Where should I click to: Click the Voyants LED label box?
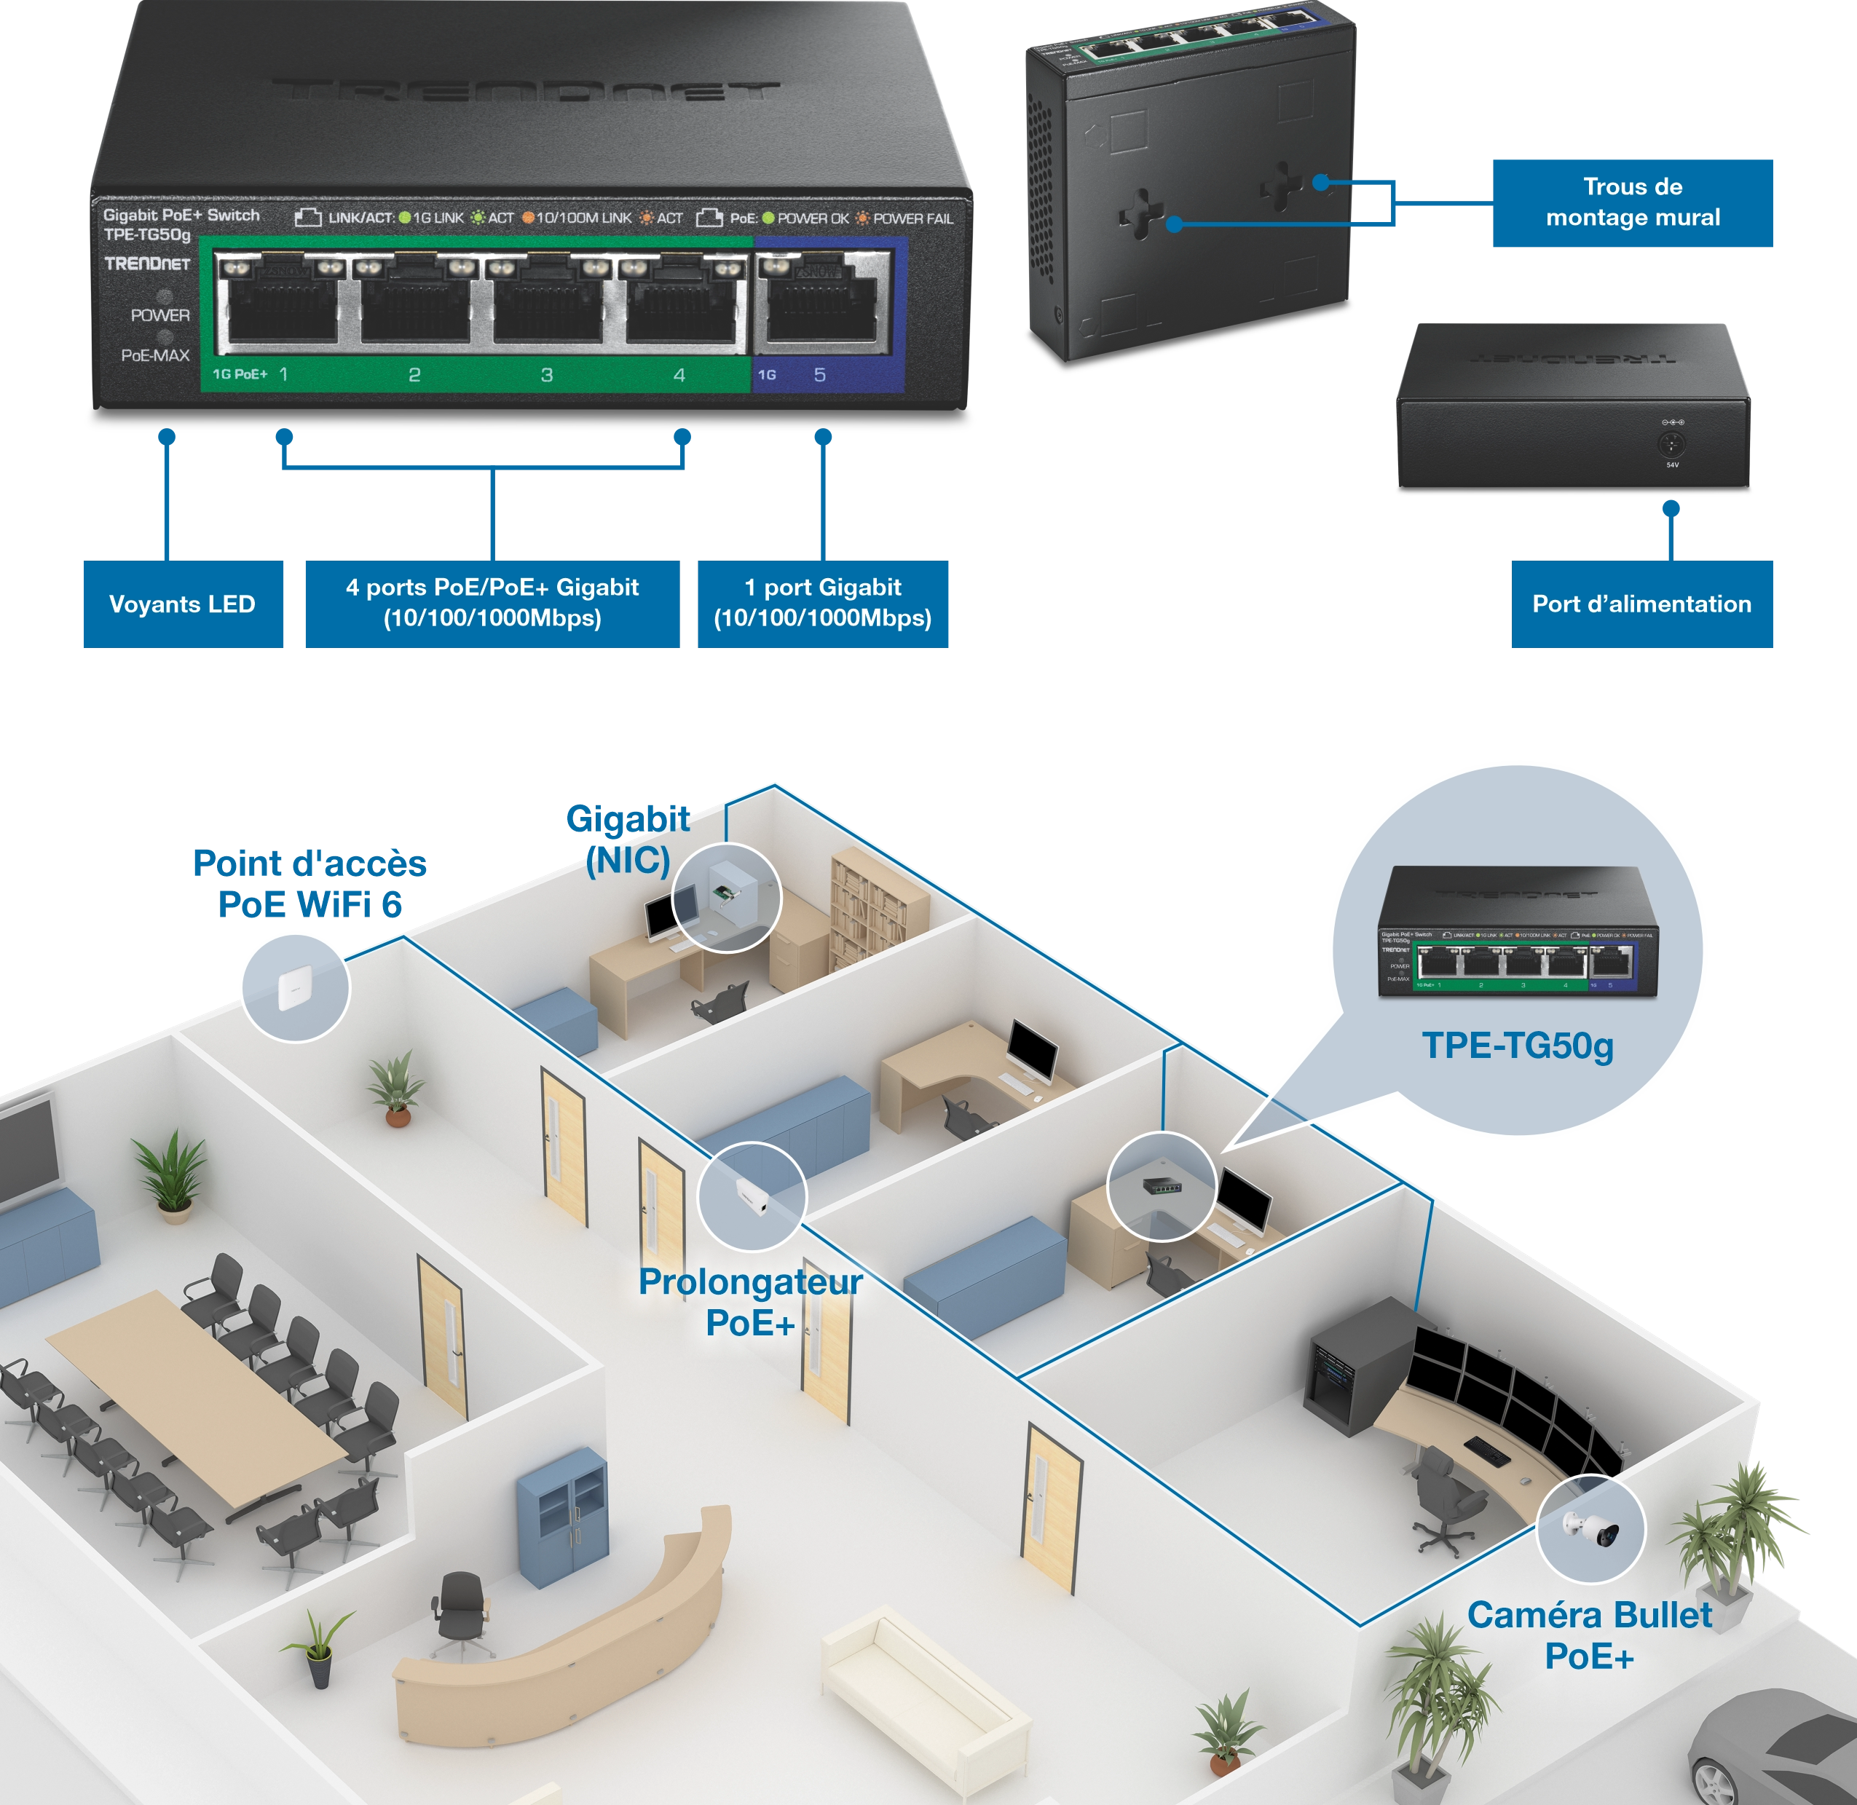182,605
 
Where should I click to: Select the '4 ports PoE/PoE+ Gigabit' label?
492,603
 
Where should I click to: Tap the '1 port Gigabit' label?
822,603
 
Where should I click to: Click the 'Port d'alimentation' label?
1641,605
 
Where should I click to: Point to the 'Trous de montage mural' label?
1633,202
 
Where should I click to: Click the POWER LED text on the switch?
160,315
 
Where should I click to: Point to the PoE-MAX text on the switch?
155,355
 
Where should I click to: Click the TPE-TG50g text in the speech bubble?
1517,1046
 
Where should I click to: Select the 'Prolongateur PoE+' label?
750,1302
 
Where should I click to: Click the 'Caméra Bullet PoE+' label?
1589,1635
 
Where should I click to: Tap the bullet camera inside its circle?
1593,1528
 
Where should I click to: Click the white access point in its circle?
293,988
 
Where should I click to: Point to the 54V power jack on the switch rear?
1671,443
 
